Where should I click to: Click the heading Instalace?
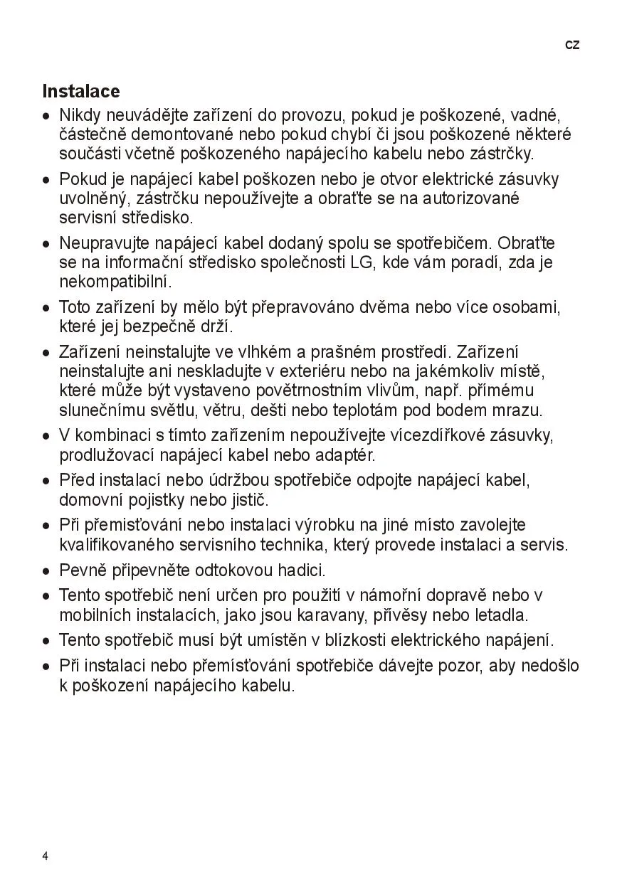pos(81,92)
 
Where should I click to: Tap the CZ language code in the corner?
pos(572,45)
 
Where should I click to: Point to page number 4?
pos(46,856)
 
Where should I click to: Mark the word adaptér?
pos(344,454)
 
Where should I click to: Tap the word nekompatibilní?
pos(115,282)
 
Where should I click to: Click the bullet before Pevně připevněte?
pos(46,571)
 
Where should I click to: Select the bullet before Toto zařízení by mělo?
pos(46,309)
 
